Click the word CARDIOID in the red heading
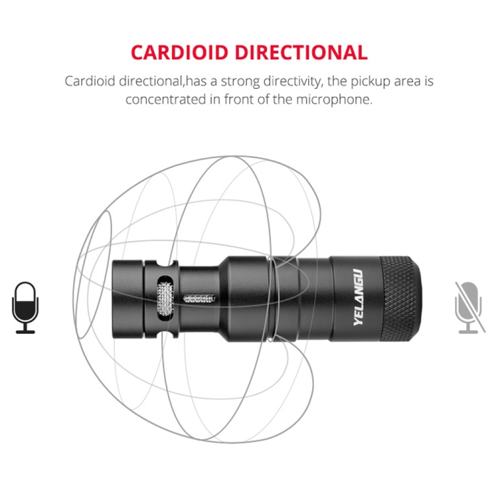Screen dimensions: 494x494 (x=179, y=52)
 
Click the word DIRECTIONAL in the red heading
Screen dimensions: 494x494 (x=302, y=52)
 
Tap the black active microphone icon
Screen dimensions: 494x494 (x=25, y=308)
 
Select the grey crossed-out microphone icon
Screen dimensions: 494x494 (x=470, y=308)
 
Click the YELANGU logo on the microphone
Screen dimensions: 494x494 (x=358, y=298)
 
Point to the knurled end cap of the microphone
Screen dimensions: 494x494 (x=400, y=298)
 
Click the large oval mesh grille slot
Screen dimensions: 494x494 (x=165, y=298)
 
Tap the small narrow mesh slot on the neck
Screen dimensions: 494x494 (x=199, y=298)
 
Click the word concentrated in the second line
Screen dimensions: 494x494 (x=165, y=99)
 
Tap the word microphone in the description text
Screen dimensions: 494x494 (x=334, y=99)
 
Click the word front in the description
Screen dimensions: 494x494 (x=238, y=99)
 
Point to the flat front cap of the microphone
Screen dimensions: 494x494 (x=128, y=298)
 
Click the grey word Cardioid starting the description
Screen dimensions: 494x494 (x=90, y=81)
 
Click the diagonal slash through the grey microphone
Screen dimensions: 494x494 (x=470, y=307)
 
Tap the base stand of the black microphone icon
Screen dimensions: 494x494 (x=25, y=329)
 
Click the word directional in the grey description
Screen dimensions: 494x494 (x=151, y=81)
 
